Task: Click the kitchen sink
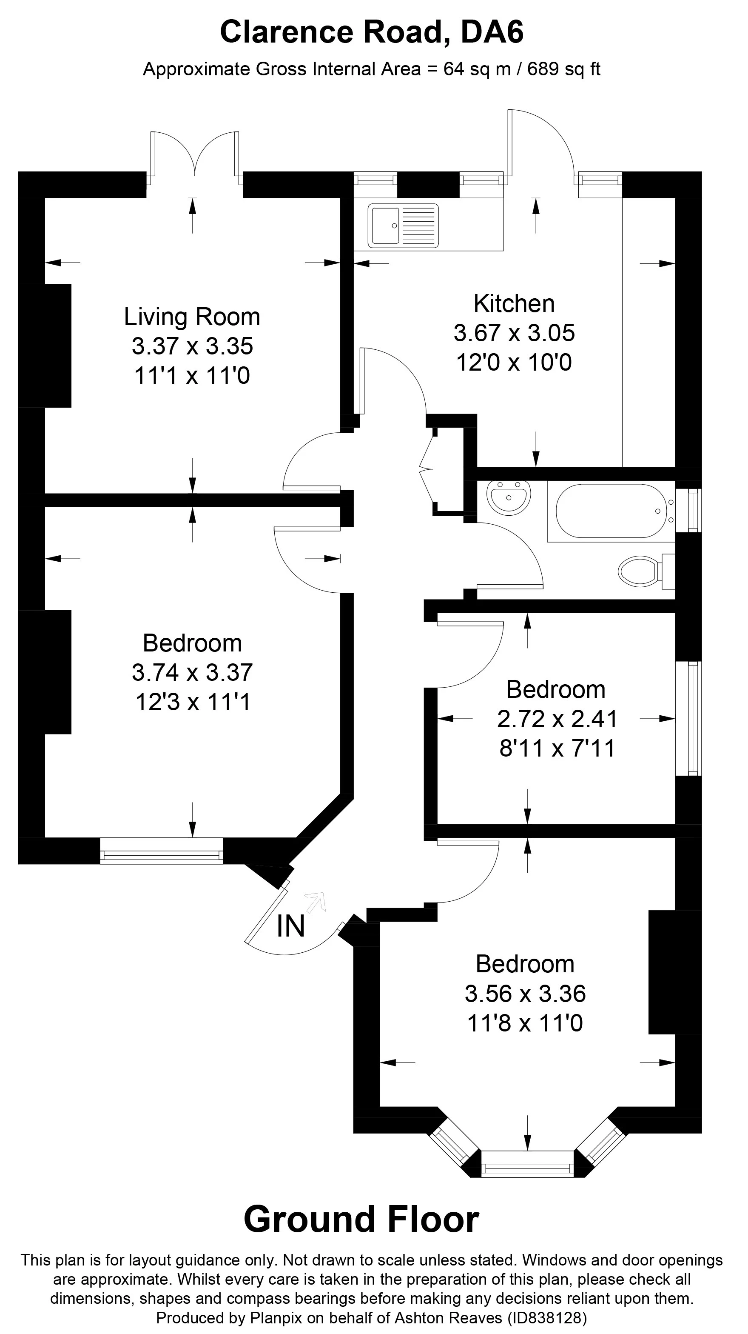coord(403,225)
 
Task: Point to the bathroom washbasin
coord(508,496)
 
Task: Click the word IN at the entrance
coord(290,926)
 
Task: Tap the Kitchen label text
coord(514,303)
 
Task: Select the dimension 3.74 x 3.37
coord(192,673)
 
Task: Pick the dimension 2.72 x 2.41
coord(557,719)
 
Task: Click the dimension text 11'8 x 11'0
coord(524,1023)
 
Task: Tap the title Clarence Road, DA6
coord(372,32)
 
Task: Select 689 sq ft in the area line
coord(563,69)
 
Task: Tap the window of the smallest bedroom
coord(688,718)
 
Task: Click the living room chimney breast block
coord(45,346)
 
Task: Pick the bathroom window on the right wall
coord(688,510)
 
